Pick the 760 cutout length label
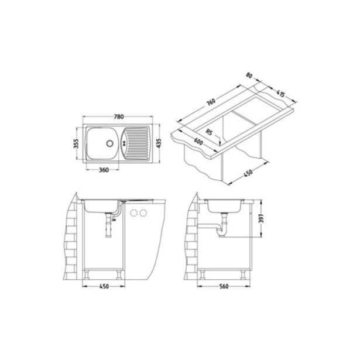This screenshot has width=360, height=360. tap(211, 102)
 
